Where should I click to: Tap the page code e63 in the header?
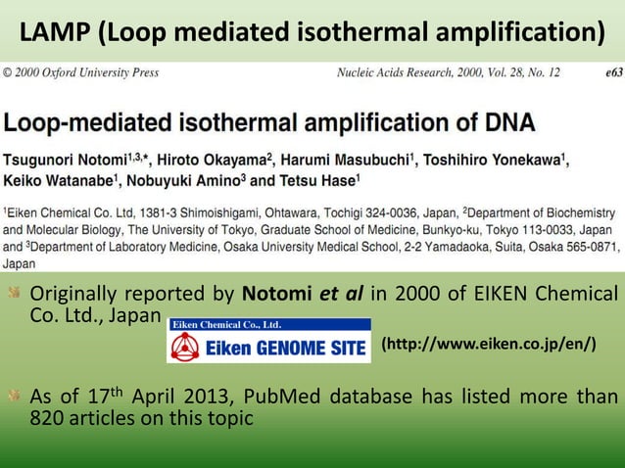606,72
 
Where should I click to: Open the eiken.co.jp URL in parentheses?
488,346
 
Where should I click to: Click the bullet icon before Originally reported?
14,293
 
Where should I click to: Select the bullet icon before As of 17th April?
14,397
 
